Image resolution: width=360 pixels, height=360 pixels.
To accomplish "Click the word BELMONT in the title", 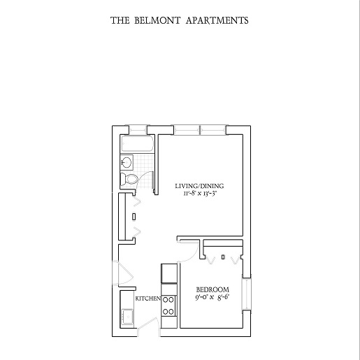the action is click(x=157, y=20).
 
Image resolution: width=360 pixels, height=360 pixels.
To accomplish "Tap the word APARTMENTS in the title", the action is click(x=217, y=20).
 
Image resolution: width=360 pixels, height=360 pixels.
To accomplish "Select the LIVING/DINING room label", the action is click(x=199, y=186).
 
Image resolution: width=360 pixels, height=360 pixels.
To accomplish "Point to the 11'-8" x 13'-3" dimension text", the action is click(x=200, y=194).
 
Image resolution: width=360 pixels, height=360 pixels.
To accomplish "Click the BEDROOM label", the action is click(x=213, y=290).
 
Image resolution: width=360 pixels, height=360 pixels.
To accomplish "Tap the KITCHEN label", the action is click(x=148, y=298).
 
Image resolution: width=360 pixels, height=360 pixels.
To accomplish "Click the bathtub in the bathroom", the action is click(x=137, y=144).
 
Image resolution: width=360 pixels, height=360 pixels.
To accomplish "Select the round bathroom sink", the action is click(x=127, y=161).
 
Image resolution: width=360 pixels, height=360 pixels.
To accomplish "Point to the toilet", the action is click(x=129, y=179).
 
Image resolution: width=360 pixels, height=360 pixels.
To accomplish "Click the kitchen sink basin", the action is click(x=127, y=317).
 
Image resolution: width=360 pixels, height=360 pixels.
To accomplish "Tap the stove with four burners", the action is click(x=168, y=305).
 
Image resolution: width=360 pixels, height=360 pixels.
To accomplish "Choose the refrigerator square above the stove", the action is click(x=169, y=273).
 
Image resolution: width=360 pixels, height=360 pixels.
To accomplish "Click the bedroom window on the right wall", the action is click(x=247, y=294).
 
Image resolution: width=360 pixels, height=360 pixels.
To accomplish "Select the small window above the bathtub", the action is click(x=138, y=130).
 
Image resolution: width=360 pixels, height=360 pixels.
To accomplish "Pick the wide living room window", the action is click(x=200, y=130).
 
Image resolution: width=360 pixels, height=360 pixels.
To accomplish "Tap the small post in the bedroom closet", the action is click(x=223, y=257).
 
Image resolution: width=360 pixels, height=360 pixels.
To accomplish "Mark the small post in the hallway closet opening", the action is click(x=134, y=217).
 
